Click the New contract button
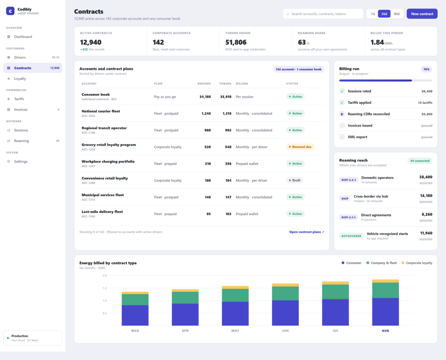point(422,14)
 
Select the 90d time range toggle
point(396,14)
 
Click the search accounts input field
point(323,14)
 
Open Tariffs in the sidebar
point(19,99)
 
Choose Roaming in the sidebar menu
point(21,141)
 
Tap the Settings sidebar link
point(21,161)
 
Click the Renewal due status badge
point(300,147)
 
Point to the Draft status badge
point(294,180)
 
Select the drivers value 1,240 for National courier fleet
point(206,113)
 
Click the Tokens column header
point(225,84)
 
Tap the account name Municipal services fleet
point(103,195)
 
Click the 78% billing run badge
point(426,69)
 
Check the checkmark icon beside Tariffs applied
point(342,102)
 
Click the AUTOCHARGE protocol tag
point(351,236)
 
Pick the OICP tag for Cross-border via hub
point(345,198)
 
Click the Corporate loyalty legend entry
point(417,263)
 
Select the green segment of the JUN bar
point(285,293)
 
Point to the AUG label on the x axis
point(385,331)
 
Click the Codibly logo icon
point(10,11)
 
